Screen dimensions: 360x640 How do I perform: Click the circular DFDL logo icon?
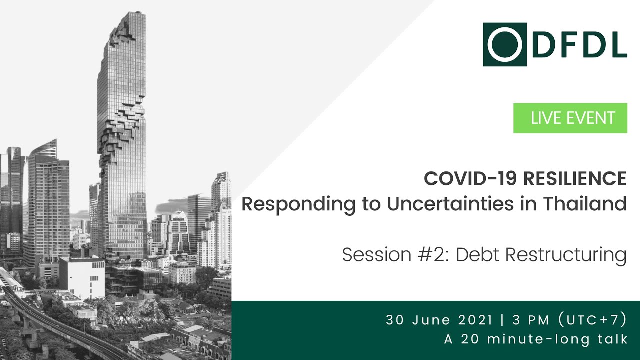pyautogui.click(x=505, y=44)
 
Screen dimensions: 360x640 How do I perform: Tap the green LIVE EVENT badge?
pyautogui.click(x=570, y=118)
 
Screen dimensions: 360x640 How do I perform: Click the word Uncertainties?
pyautogui.click(x=424, y=204)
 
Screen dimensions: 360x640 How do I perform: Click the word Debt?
pyautogui.click(x=477, y=255)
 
